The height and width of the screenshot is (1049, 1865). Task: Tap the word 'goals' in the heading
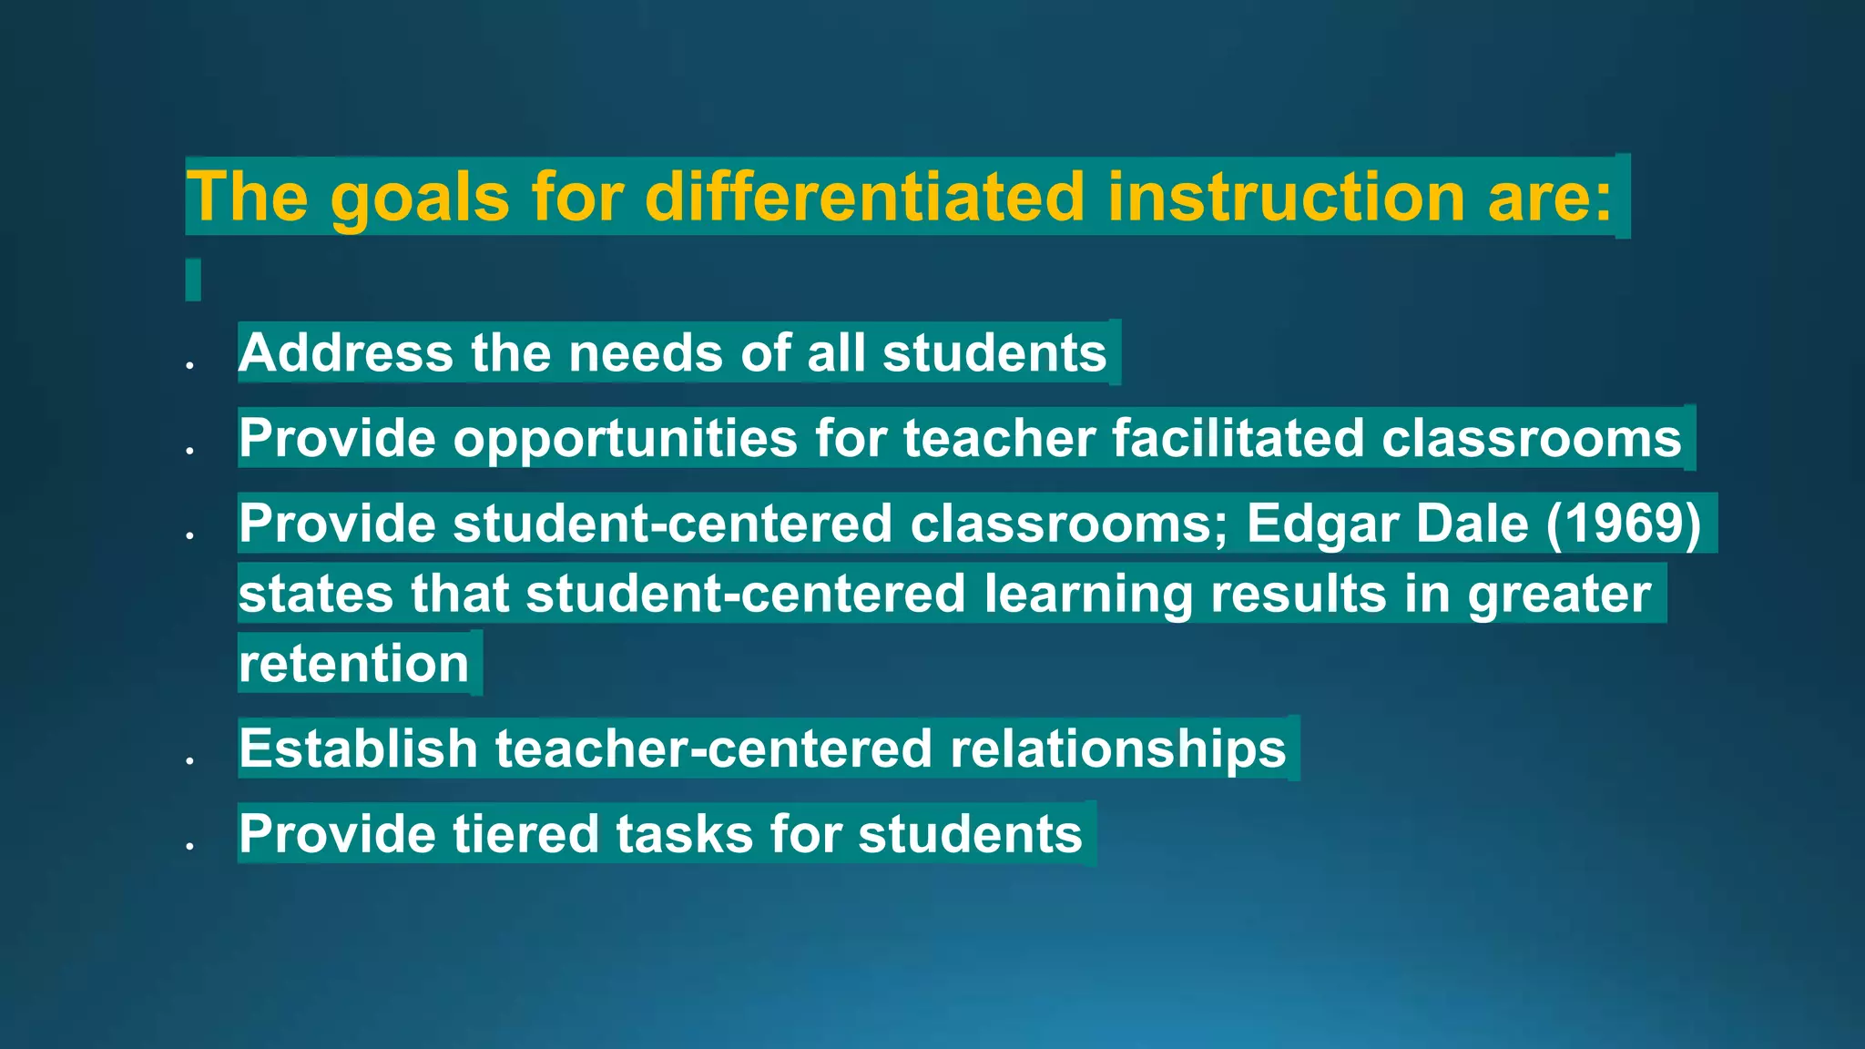(x=419, y=199)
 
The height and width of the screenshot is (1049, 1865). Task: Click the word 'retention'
(x=353, y=664)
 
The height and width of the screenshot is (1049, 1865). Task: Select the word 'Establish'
(x=358, y=749)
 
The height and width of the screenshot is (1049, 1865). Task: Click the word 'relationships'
(x=1117, y=749)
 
